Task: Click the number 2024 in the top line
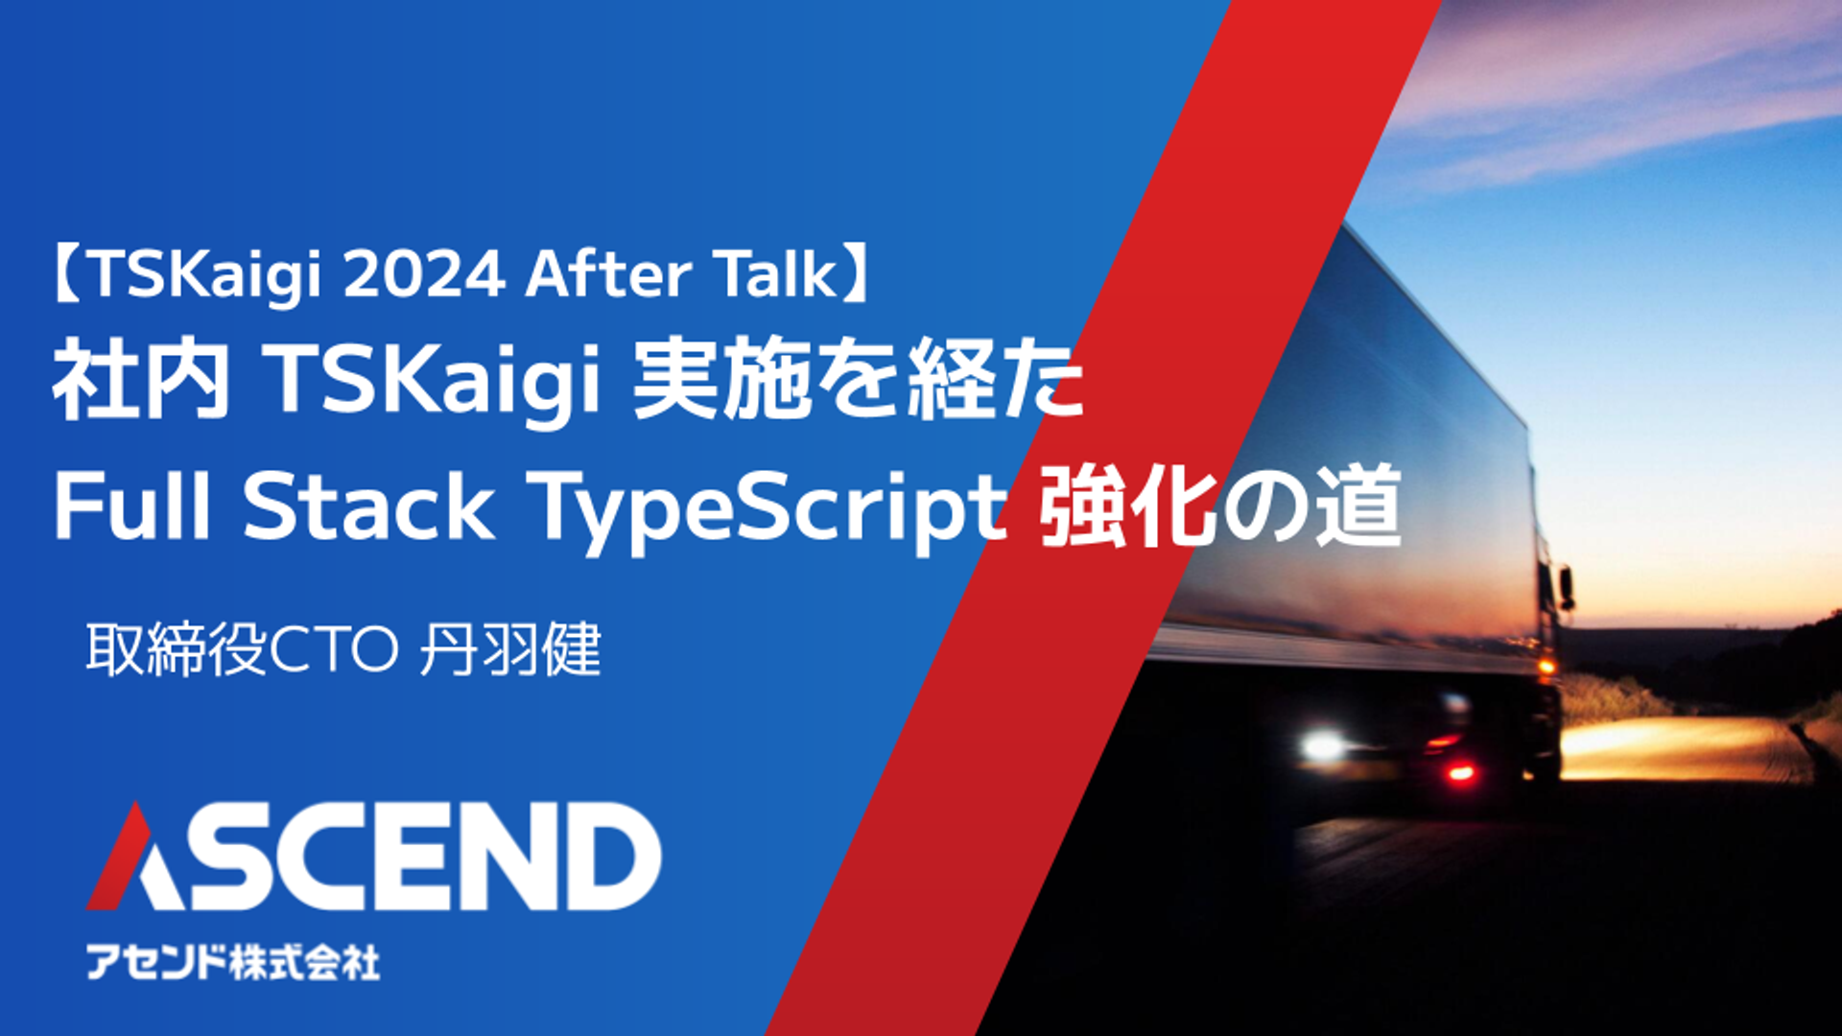423,274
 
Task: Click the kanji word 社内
142,382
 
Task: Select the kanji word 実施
721,382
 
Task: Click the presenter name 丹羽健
510,650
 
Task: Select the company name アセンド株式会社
233,962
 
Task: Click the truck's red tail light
1461,771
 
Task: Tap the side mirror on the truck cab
1566,587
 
